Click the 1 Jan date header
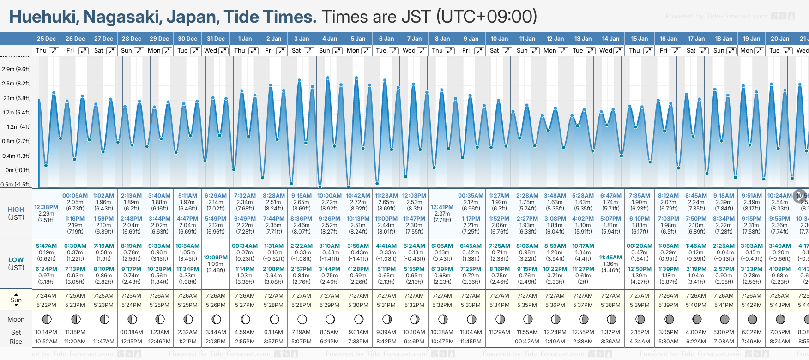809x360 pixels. [x=245, y=39]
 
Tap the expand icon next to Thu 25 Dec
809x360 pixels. [x=54, y=51]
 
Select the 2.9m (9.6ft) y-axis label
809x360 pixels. [x=16, y=69]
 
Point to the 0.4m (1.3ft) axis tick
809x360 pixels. [x=16, y=156]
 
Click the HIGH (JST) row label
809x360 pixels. [x=16, y=213]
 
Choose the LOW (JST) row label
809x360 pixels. [x=16, y=264]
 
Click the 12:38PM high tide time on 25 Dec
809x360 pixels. [x=46, y=207]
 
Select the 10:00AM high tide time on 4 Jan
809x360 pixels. [x=329, y=196]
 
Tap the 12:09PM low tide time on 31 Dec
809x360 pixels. [x=216, y=258]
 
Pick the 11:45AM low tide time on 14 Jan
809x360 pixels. [x=610, y=258]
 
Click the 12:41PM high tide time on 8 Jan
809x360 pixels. [x=442, y=207]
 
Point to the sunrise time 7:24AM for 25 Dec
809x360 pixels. [x=46, y=296]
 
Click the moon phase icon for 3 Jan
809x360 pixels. [x=302, y=319]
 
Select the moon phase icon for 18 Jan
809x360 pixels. [x=724, y=319]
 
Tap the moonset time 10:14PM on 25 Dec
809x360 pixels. [x=46, y=332]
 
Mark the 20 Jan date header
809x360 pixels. [x=780, y=39]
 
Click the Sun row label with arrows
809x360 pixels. [x=16, y=300]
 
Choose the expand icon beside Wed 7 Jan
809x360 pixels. [x=422, y=51]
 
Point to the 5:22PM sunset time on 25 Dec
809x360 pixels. [x=46, y=305]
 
